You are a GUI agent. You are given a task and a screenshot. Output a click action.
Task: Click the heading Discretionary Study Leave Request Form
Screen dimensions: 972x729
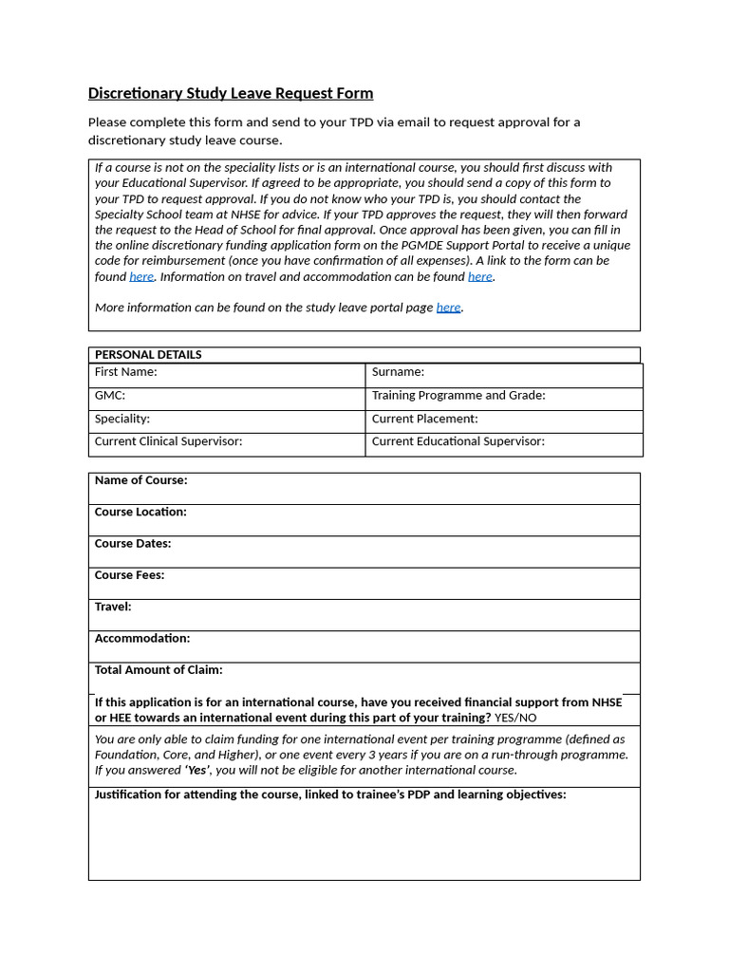click(231, 93)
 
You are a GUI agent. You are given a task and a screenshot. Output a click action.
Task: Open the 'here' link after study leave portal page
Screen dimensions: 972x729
click(448, 308)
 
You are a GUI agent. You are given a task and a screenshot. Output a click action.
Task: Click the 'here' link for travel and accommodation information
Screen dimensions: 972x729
click(479, 276)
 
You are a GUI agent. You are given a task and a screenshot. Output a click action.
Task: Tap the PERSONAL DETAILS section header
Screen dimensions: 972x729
click(148, 354)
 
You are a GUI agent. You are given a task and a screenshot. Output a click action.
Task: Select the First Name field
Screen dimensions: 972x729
click(227, 373)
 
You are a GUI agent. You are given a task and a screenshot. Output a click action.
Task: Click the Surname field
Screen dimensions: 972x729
click(503, 373)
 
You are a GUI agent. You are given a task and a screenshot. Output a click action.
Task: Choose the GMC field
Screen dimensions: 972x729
click(227, 396)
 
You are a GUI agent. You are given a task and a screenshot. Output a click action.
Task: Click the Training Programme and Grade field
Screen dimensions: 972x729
click(503, 396)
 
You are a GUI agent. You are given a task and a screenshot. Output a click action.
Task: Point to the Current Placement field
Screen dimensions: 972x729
click(503, 419)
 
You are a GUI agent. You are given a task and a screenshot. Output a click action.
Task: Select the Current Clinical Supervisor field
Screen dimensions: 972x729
click(227, 441)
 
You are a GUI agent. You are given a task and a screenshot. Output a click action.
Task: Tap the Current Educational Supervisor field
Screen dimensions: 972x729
click(503, 441)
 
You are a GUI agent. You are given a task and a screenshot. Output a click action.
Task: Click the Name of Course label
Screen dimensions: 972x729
click(140, 480)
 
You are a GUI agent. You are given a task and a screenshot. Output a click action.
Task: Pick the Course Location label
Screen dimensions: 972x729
click(140, 512)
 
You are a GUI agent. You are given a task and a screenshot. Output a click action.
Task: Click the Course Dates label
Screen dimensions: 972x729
click(133, 544)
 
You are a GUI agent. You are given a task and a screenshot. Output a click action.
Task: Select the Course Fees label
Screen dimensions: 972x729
click(129, 575)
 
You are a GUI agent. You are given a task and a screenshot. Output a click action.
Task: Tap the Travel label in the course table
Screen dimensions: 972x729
click(113, 607)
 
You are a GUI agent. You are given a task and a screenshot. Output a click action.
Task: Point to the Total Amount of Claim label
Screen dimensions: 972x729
click(159, 670)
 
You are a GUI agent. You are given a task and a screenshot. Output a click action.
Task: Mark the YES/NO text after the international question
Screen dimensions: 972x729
click(515, 718)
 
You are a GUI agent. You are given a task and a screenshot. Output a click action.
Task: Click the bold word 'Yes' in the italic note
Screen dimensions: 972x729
click(197, 770)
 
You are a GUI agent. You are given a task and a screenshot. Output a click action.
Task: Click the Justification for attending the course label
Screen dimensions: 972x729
click(330, 794)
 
